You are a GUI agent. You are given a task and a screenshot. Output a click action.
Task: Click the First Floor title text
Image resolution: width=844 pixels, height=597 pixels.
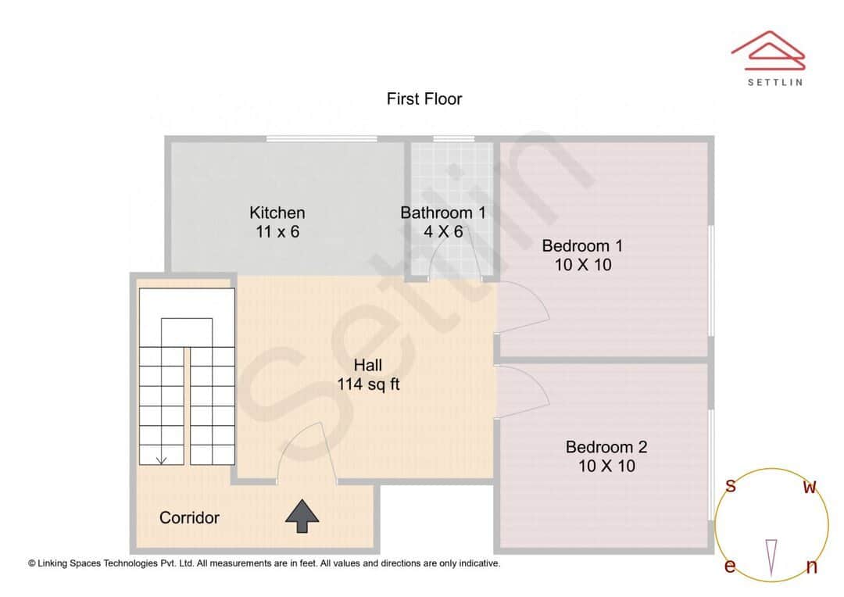(x=424, y=99)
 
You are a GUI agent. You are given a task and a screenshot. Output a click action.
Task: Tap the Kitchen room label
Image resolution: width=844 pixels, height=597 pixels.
(x=277, y=213)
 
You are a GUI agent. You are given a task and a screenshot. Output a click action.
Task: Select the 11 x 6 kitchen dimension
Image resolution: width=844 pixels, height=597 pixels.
(x=277, y=232)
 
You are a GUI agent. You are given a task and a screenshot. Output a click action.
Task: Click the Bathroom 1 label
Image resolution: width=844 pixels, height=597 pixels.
(x=443, y=213)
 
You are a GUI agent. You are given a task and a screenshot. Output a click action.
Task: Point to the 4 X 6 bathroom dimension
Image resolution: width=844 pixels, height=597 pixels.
(x=443, y=232)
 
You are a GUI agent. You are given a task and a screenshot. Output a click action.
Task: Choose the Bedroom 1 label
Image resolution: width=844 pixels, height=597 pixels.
(x=582, y=246)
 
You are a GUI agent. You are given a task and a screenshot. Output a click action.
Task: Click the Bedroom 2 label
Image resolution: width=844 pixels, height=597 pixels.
(x=606, y=447)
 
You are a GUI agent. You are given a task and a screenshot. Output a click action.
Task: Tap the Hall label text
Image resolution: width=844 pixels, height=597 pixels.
(x=368, y=365)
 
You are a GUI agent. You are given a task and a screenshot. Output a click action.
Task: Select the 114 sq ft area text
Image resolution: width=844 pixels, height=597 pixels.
(x=368, y=384)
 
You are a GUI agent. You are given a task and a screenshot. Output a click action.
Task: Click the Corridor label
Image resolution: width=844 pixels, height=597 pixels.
(x=189, y=517)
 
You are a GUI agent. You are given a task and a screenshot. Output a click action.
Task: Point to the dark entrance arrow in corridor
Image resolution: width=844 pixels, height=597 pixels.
(x=302, y=517)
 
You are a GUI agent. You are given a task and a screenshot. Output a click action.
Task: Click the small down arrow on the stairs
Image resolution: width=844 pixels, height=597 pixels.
(x=161, y=459)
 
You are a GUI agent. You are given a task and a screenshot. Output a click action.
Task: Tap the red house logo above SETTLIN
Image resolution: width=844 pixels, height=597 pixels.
(x=768, y=48)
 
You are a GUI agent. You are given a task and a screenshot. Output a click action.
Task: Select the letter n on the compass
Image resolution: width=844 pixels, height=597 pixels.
(x=811, y=567)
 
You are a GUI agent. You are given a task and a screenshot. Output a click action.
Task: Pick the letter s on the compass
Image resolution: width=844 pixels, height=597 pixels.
(x=731, y=486)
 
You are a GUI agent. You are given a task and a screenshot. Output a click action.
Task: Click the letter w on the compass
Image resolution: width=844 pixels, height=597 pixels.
(x=810, y=488)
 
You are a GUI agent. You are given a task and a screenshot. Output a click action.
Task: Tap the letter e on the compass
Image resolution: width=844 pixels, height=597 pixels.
(x=730, y=567)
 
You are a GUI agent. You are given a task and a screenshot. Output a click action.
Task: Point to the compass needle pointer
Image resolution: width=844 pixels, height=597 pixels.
(x=772, y=557)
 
